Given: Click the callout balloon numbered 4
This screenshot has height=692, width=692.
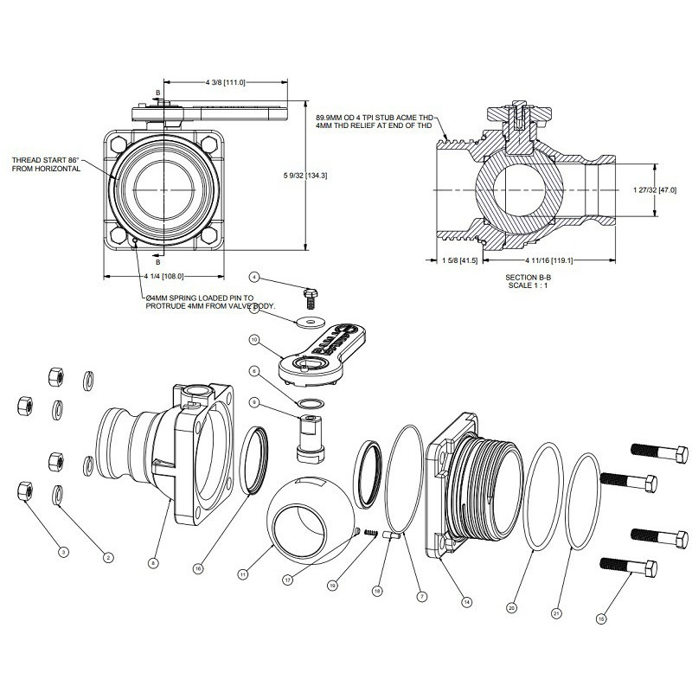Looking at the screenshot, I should click(x=254, y=277).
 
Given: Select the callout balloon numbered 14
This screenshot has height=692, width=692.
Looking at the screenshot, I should click(x=466, y=602).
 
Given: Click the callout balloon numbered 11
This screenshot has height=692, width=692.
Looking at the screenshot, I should click(x=244, y=573).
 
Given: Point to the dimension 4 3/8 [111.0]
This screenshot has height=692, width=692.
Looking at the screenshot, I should click(x=225, y=82).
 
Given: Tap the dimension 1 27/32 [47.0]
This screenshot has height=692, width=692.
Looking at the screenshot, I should click(x=655, y=189).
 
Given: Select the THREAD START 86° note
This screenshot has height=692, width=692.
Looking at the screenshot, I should click(x=47, y=164).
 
